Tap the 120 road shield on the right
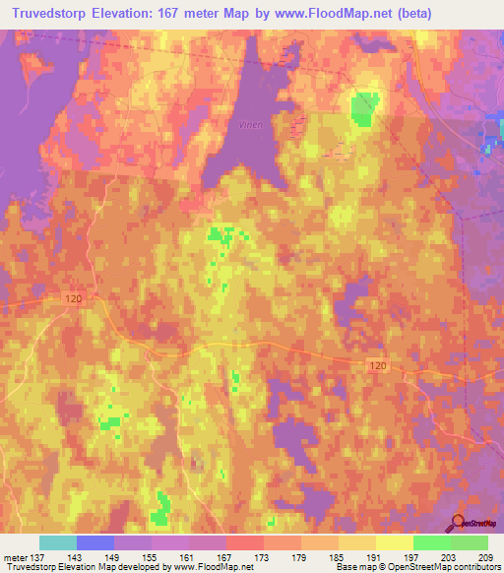(379, 365)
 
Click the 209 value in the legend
(486, 557)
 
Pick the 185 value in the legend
(339, 557)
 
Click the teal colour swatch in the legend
(58, 542)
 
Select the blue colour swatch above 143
(95, 542)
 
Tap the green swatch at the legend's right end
(470, 542)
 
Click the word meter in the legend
(17, 557)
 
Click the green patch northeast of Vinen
(364, 108)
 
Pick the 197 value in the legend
(412, 557)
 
